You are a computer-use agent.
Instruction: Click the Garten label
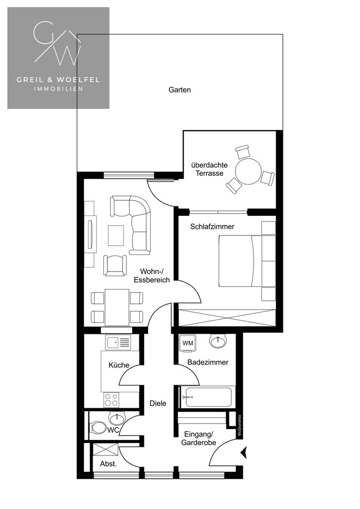coord(179,90)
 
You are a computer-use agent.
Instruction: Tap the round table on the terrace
coord(248,171)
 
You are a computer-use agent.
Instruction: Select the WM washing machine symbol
coord(187,343)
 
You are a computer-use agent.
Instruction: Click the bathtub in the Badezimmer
coord(207,397)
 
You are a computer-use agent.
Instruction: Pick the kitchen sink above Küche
coord(117,342)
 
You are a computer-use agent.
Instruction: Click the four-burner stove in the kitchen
coord(111,399)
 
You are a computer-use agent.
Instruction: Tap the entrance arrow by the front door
coord(245,452)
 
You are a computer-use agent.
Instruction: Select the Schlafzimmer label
coord(212,227)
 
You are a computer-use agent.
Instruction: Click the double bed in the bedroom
coord(240,261)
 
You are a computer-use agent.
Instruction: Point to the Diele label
coord(158,404)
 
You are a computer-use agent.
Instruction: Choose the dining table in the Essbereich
coord(117,307)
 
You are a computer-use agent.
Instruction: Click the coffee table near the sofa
coord(116,235)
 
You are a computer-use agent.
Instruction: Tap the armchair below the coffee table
coord(115,265)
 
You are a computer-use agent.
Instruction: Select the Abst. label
coord(109,464)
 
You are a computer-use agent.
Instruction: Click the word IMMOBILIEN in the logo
coord(59,88)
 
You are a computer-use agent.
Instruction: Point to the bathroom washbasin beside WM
coord(218,341)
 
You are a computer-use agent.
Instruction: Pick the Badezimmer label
coord(208,362)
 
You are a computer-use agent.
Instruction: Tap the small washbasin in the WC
coord(116,419)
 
